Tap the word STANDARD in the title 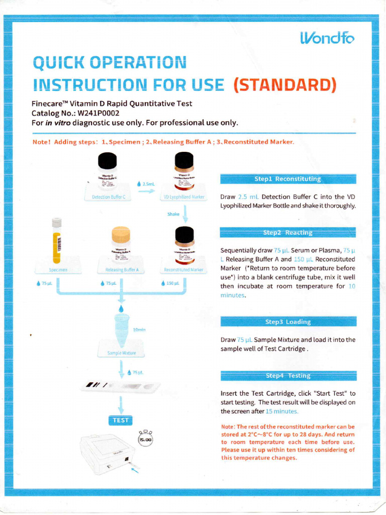pos(285,84)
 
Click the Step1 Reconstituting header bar pos(288,179)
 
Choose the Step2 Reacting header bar pos(288,232)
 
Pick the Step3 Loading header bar pos(288,321)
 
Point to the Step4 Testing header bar pos(288,375)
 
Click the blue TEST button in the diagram pos(121,420)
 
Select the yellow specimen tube pos(57,241)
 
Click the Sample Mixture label pos(122,353)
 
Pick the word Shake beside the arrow pos(173,214)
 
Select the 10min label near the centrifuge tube pos(139,329)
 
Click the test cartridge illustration pos(121,386)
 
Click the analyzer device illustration pos(107,454)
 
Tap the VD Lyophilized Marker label pos(184,197)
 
